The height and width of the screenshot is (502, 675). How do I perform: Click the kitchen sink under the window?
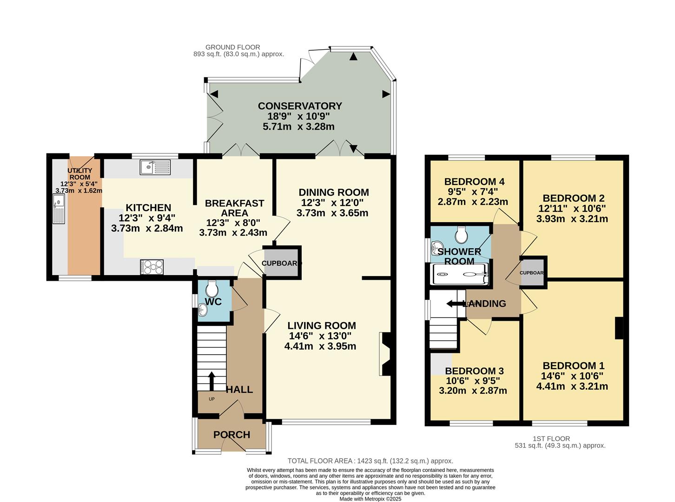pyautogui.click(x=155, y=167)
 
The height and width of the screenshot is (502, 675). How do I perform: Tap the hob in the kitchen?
pyautogui.click(x=152, y=267)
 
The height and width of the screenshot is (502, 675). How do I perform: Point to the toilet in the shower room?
pyautogui.click(x=461, y=235)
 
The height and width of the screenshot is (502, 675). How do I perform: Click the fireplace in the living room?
pyautogui.click(x=385, y=354)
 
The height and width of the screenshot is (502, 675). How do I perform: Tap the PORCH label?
pyautogui.click(x=232, y=435)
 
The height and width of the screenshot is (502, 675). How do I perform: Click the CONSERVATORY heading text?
pyautogui.click(x=300, y=106)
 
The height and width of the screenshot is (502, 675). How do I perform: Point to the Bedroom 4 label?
pyautogui.click(x=474, y=181)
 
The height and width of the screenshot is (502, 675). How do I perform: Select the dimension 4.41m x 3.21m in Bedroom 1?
pyautogui.click(x=572, y=386)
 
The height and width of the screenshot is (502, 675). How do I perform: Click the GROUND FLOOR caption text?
pyautogui.click(x=232, y=47)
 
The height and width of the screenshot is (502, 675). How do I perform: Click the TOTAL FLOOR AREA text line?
pyautogui.click(x=370, y=461)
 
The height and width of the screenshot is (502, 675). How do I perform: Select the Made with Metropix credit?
pyautogui.click(x=370, y=499)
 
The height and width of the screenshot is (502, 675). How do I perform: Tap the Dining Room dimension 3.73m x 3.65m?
pyautogui.click(x=332, y=213)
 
